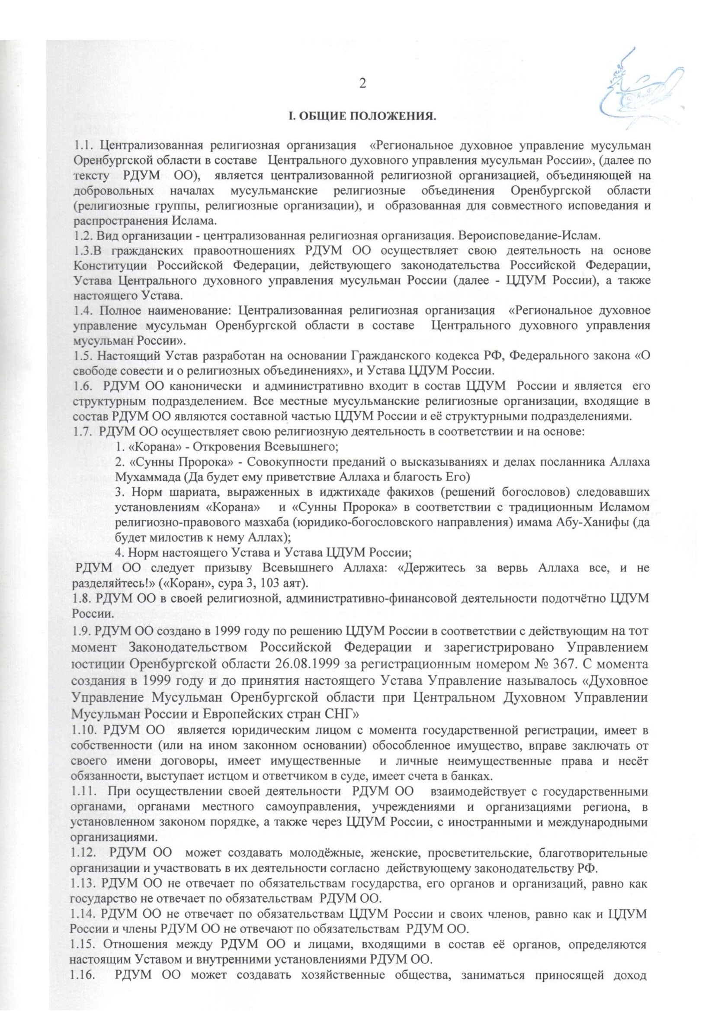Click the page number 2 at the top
tap(362, 84)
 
